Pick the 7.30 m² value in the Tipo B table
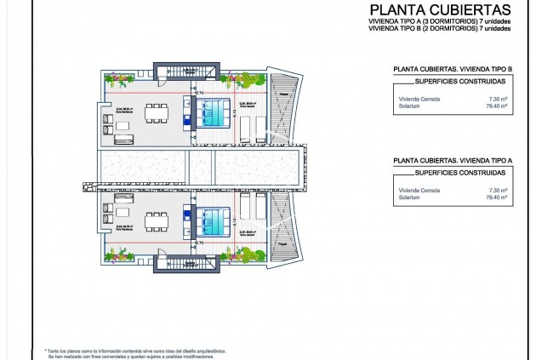(x=499, y=99)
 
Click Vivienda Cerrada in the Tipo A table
(x=419, y=191)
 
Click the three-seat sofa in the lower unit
(x=123, y=212)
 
